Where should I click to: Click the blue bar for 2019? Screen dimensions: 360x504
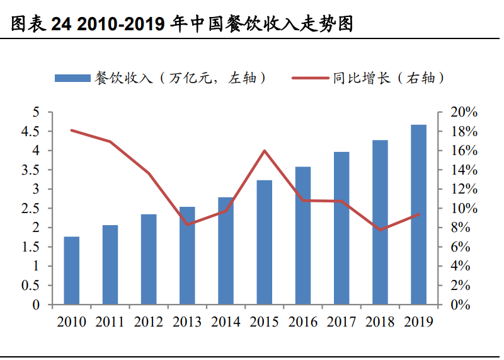point(418,214)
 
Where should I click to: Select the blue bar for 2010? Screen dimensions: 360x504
point(72,270)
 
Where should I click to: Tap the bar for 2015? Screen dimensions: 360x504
point(265,242)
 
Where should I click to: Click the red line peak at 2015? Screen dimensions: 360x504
point(265,151)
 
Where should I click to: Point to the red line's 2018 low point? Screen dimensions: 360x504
point(380,229)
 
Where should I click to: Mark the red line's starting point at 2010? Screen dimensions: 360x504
point(72,131)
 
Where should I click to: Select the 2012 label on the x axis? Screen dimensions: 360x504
point(149,322)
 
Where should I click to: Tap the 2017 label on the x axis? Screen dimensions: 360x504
point(341,322)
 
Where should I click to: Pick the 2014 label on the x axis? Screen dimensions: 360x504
point(226,322)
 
